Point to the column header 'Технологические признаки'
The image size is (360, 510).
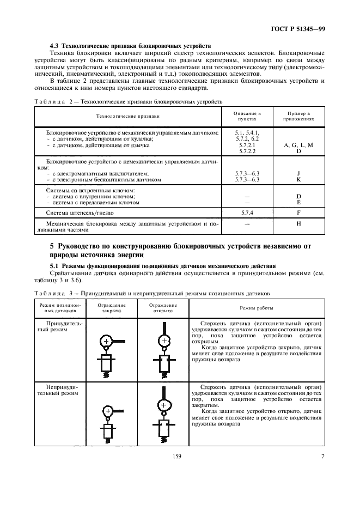pyautogui.click(x=128, y=116)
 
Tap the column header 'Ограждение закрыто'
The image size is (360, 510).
pyautogui.click(x=112, y=308)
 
